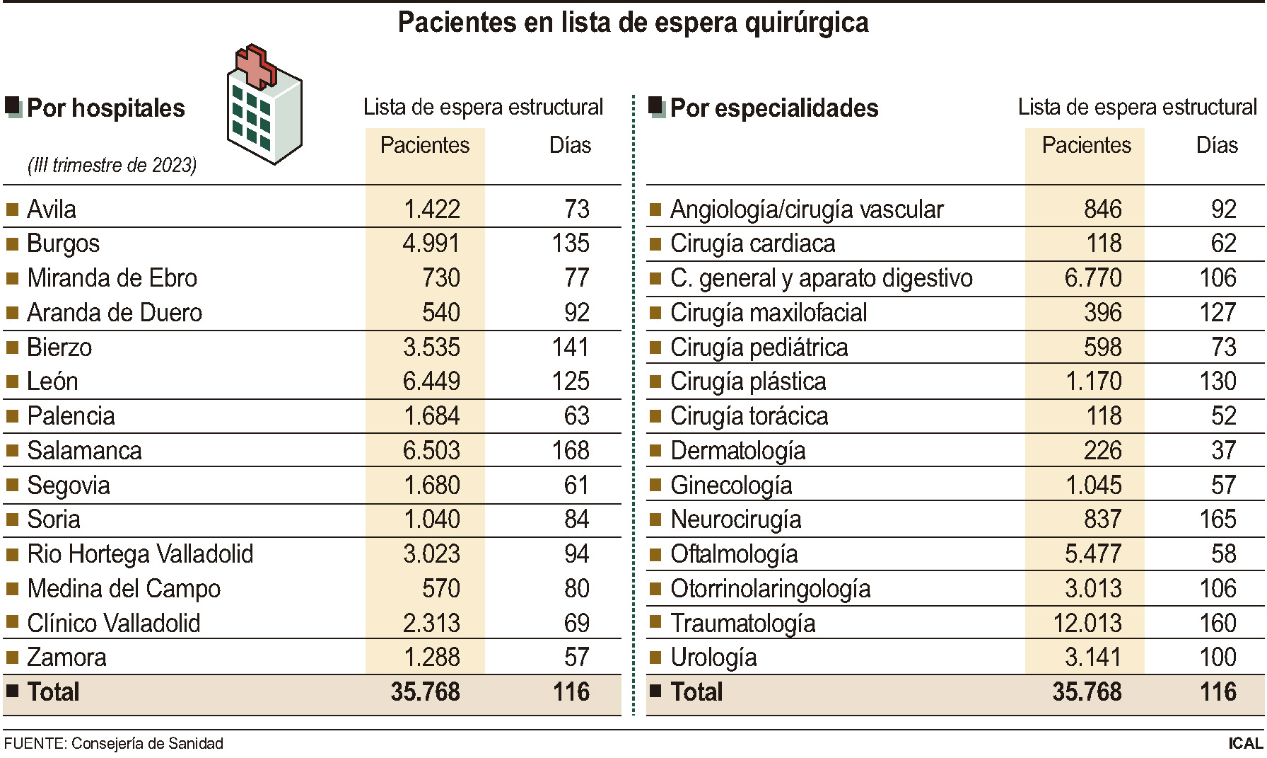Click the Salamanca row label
(x=84, y=451)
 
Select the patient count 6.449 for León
(x=431, y=381)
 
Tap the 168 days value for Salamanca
(x=571, y=451)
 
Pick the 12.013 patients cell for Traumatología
(x=1087, y=624)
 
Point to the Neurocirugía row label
(x=735, y=519)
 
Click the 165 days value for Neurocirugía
(x=1218, y=519)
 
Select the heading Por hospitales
(x=105, y=108)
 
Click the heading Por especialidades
(x=773, y=108)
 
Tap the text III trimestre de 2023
(x=112, y=166)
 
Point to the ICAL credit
(x=1245, y=744)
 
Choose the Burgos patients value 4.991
(x=431, y=243)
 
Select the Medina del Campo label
(x=124, y=589)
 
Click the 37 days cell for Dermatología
(x=1224, y=451)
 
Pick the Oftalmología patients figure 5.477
(x=1093, y=554)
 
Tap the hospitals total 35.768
(x=425, y=692)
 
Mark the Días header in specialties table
(x=1217, y=145)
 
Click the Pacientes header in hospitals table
(x=425, y=145)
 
